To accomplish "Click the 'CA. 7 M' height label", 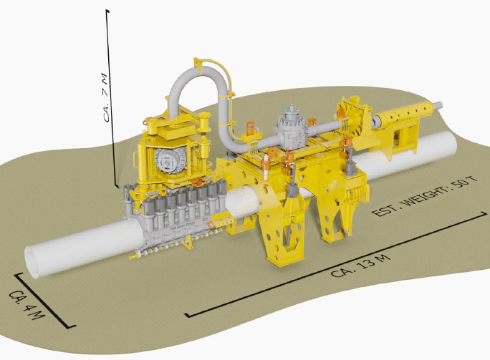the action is [106, 98].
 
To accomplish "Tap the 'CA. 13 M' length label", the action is [360, 266].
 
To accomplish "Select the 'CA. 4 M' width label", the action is [27, 305].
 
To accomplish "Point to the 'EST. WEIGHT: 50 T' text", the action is [426, 197].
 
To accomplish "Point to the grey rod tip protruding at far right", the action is [438, 105].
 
